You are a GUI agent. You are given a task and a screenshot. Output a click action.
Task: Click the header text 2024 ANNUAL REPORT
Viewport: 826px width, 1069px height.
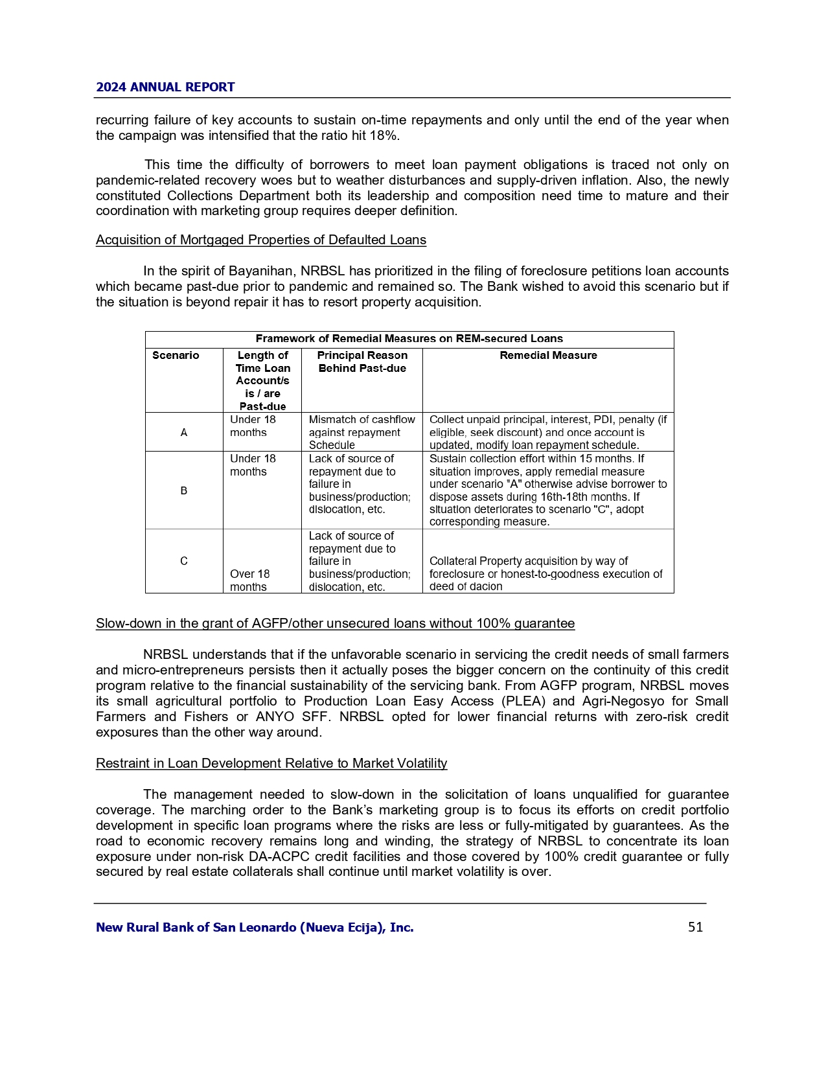pos(165,87)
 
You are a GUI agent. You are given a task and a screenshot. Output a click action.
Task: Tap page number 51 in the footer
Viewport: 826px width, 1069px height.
pos(695,927)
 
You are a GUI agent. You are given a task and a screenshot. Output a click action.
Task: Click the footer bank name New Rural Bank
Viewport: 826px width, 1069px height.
pos(255,927)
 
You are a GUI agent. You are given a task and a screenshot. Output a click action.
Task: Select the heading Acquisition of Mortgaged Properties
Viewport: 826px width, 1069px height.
pos(260,240)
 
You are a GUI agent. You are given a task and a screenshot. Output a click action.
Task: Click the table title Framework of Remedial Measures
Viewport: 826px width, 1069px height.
pos(409,338)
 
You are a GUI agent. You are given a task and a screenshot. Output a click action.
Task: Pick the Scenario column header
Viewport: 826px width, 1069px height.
pos(176,355)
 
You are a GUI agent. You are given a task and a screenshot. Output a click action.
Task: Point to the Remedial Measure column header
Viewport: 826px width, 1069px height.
pos(548,355)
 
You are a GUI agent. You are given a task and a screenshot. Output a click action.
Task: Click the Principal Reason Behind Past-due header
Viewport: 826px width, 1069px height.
pos(362,362)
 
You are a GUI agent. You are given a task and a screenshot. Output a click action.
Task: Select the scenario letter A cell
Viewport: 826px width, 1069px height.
pos(184,432)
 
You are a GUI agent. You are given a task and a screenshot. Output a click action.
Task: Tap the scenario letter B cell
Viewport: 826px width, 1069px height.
pos(184,490)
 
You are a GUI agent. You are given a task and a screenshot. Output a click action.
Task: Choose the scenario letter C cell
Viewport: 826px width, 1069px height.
pos(184,561)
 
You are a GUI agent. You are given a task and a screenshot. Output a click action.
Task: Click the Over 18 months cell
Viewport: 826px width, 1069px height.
pos(250,580)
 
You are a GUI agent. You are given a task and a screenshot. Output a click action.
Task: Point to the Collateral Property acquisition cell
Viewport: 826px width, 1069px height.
pos(545,573)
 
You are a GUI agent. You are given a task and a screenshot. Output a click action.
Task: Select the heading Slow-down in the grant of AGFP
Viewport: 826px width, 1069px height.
pos(335,623)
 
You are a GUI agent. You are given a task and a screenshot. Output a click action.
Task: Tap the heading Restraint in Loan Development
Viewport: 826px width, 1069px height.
pos(271,763)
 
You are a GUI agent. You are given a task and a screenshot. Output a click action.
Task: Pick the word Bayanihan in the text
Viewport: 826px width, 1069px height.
pos(259,271)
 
